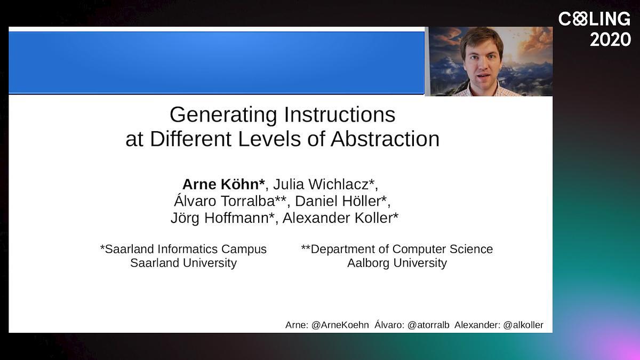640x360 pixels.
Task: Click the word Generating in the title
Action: point(223,115)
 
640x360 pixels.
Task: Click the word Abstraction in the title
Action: point(385,139)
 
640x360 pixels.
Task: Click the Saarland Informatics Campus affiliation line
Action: point(183,249)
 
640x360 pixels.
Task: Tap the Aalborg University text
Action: point(397,263)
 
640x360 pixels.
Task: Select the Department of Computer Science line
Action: point(397,249)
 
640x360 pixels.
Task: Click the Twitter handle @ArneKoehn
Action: point(340,325)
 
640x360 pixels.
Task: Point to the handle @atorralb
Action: point(428,325)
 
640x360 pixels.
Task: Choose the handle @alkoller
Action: point(523,325)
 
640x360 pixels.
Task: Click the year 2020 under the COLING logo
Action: point(610,39)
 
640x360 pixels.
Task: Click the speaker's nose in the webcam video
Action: point(482,66)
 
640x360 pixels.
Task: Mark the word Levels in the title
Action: point(270,139)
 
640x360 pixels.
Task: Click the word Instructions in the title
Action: point(340,115)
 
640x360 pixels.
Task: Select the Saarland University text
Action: point(183,263)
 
